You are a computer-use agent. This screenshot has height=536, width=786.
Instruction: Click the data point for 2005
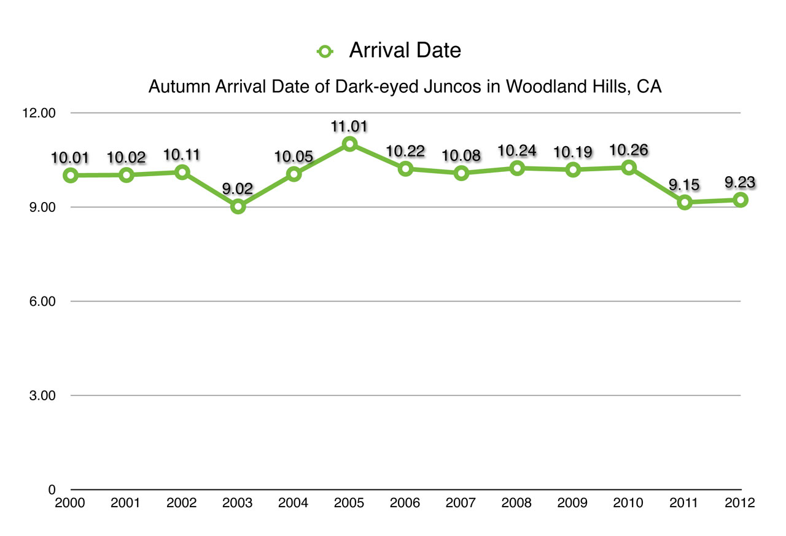(349, 144)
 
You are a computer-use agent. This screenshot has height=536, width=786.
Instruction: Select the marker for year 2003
(238, 206)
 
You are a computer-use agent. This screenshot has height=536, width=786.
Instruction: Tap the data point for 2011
(685, 203)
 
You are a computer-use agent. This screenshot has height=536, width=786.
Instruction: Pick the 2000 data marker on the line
(71, 175)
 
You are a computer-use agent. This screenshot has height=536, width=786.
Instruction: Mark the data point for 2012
(741, 200)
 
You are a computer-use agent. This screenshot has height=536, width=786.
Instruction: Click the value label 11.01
(349, 127)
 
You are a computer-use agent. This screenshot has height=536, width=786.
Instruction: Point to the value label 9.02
(238, 188)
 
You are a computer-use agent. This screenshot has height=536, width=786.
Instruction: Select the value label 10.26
(629, 150)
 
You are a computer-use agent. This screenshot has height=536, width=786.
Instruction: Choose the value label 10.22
(405, 150)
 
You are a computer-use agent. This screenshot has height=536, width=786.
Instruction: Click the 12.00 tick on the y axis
(40, 114)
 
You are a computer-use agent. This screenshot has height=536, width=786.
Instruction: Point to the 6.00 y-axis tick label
(43, 301)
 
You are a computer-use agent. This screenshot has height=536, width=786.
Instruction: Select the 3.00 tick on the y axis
(43, 395)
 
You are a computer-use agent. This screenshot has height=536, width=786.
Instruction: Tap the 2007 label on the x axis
(461, 503)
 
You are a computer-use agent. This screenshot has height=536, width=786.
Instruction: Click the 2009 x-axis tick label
(572, 503)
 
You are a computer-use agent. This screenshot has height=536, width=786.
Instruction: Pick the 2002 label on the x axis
(182, 503)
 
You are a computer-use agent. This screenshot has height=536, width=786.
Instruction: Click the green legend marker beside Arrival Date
(324, 52)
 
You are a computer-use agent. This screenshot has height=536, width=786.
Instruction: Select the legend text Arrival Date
(405, 50)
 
